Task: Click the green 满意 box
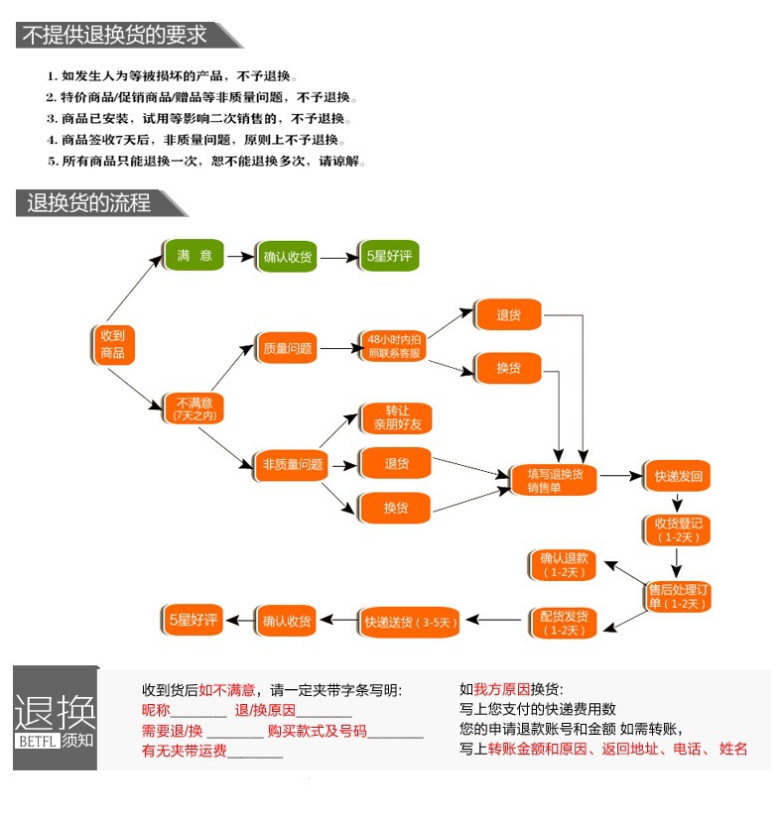(195, 256)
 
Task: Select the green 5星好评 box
(389, 256)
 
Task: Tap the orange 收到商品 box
(112, 343)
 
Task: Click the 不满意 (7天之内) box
(195, 408)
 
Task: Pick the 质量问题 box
(288, 348)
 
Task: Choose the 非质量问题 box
(292, 464)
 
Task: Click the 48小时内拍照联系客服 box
(395, 345)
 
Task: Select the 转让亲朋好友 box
(395, 416)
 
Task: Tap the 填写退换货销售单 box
(555, 480)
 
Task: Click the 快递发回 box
(677, 476)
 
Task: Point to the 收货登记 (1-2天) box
(678, 528)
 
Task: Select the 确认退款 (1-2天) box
(564, 564)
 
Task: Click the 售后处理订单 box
(678, 596)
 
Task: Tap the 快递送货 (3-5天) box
(410, 622)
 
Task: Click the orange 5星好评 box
(192, 620)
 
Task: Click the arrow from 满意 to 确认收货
(240, 257)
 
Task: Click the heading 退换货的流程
(89, 203)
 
